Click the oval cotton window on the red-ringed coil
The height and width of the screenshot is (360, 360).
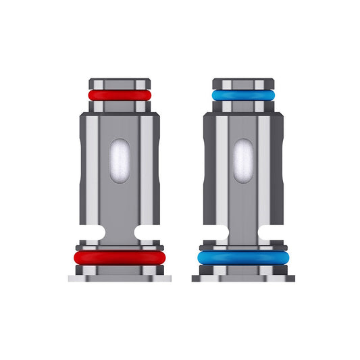(119, 160)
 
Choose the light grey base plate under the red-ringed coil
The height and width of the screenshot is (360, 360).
(119, 278)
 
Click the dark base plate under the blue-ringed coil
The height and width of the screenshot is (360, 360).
(242, 278)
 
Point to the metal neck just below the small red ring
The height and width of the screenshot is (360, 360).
(119, 107)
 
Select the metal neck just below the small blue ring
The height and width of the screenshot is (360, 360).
(242, 107)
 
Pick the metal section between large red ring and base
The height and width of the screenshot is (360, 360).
(119, 269)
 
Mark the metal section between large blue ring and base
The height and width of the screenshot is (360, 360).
(242, 269)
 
